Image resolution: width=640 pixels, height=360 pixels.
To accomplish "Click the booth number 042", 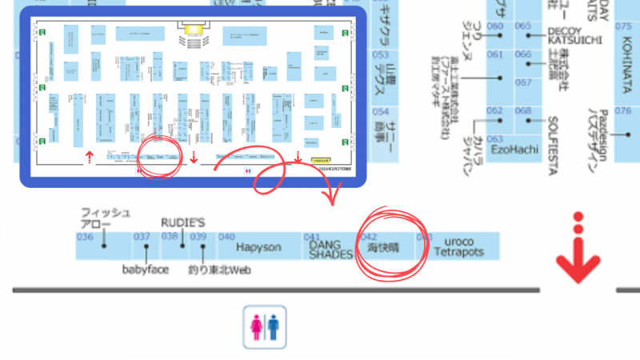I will coord(369,237).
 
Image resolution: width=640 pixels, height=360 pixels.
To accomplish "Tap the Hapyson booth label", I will coord(259,248).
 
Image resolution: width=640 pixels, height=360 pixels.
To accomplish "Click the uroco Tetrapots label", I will coord(460,246).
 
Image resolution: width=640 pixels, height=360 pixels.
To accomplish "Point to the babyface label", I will coord(146,270).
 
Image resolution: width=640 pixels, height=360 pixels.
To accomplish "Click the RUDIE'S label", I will coord(184,222).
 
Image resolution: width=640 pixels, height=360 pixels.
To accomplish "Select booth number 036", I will coord(85,237).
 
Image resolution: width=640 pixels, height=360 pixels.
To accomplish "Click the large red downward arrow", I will coord(578,256).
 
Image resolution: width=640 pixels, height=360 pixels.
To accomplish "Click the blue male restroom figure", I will coord(274,326).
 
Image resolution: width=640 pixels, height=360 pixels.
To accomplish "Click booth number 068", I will coord(523,111).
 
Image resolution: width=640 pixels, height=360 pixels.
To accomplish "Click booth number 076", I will coord(623,111).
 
